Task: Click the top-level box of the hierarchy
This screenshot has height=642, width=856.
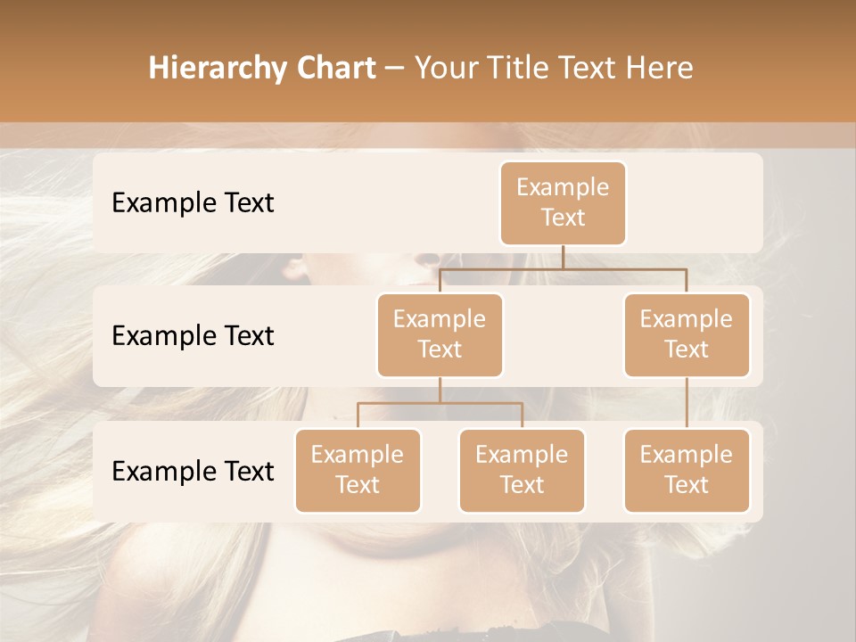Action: [x=563, y=203]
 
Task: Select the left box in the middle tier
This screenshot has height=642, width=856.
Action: [x=440, y=335]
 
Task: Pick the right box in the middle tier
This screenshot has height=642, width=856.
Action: [x=687, y=335]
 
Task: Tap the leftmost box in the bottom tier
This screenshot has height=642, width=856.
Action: [x=358, y=471]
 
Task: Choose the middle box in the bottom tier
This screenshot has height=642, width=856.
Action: [x=522, y=471]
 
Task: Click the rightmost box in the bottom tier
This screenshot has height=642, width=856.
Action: [x=687, y=471]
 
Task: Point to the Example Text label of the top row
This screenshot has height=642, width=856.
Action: [x=193, y=203]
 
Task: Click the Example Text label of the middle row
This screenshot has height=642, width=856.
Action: [x=193, y=336]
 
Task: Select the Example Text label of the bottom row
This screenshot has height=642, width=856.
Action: [x=193, y=471]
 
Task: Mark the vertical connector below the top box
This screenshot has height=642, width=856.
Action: [x=563, y=257]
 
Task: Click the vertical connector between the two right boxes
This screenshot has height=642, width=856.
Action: [x=687, y=403]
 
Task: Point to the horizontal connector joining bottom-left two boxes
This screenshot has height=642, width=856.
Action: [x=440, y=403]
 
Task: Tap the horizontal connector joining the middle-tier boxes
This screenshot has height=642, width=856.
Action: [x=563, y=268]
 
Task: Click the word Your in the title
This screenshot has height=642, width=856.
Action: [x=444, y=69]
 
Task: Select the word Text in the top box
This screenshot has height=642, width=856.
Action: [x=563, y=218]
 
